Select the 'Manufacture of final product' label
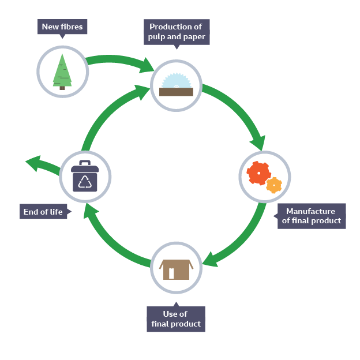point(311,216)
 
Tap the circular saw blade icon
point(176,81)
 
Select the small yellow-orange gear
point(274,185)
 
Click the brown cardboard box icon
point(176,269)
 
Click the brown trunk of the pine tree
point(62,88)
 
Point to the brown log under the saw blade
point(176,92)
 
